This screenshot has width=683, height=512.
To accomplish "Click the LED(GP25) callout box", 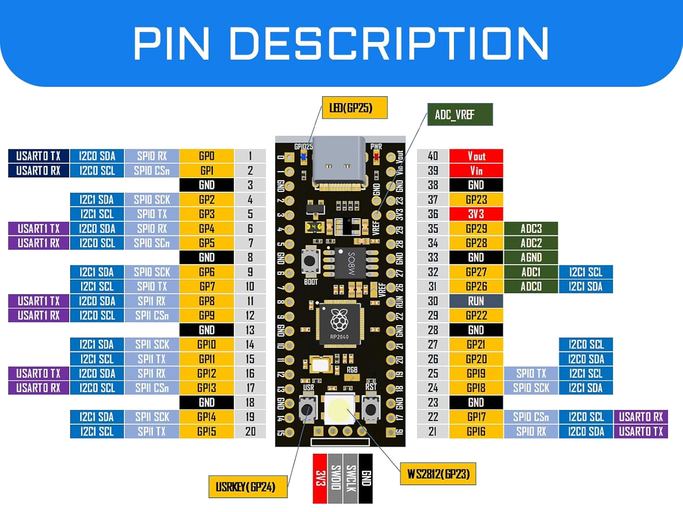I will pyautogui.click(x=354, y=108).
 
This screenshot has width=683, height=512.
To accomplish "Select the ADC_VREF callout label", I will pyautogui.click(x=459, y=114).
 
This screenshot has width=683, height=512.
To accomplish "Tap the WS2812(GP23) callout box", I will pyautogui.click(x=438, y=474).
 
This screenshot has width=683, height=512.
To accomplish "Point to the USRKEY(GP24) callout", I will pyautogui.click(x=248, y=487).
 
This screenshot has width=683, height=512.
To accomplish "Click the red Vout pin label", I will pyautogui.click(x=476, y=156).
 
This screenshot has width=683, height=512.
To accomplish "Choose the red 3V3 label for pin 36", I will pyautogui.click(x=476, y=214).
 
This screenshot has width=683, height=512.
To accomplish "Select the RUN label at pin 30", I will pyautogui.click(x=476, y=301).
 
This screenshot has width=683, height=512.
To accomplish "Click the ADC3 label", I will pyautogui.click(x=531, y=229).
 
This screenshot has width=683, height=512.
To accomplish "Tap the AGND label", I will pyautogui.click(x=531, y=257).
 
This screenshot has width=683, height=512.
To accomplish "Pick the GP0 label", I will pyautogui.click(x=207, y=156).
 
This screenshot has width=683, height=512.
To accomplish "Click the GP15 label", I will pyautogui.click(x=207, y=431).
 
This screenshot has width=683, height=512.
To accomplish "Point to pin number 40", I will pyautogui.click(x=433, y=156).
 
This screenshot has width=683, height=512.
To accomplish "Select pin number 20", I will pyautogui.click(x=250, y=431).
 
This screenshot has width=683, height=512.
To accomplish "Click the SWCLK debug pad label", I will pyautogui.click(x=351, y=478).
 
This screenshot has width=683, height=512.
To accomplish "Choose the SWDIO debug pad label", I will pyautogui.click(x=336, y=478).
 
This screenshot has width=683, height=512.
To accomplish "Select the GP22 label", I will pyautogui.click(x=476, y=316).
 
